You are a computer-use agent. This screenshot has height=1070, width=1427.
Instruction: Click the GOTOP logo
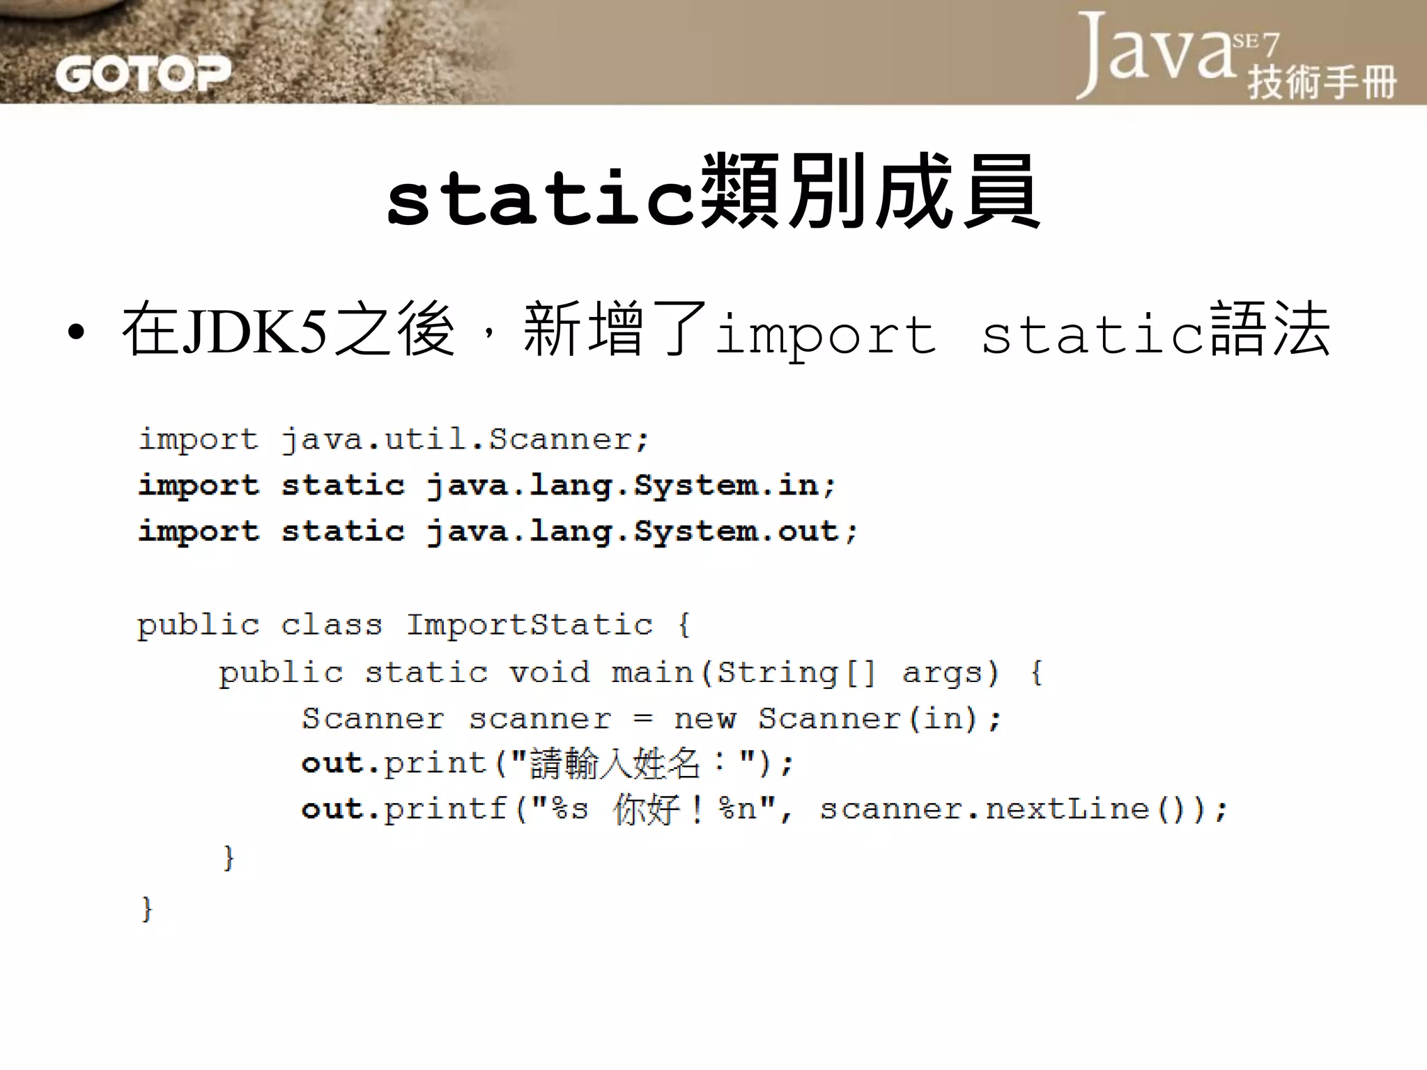143,73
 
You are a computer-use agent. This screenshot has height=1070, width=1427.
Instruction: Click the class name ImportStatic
530,625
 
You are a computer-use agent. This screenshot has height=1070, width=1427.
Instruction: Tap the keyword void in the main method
549,673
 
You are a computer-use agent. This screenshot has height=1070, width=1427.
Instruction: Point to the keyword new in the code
704,719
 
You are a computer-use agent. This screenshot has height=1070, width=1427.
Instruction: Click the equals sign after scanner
642,719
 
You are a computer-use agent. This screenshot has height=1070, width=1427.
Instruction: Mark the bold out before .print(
332,764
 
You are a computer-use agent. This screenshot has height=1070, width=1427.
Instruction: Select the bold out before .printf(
332,809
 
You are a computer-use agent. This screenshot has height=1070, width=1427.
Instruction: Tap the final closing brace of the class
146,909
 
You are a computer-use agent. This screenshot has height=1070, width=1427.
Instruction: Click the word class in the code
332,625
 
